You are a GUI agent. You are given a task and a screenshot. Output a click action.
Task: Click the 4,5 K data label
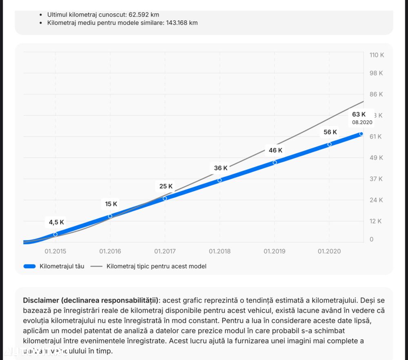point(56,222)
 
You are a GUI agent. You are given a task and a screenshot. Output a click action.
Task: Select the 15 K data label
point(111,204)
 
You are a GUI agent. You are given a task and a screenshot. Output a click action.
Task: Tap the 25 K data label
point(166,186)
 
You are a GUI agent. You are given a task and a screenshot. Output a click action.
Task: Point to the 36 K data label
point(221,168)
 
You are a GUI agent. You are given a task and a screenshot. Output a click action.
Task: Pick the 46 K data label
point(275,150)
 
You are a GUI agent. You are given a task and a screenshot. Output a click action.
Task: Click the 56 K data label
point(330,132)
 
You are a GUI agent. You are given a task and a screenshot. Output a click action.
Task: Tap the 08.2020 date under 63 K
point(362,122)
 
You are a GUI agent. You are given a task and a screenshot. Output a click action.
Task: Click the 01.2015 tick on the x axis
point(55,251)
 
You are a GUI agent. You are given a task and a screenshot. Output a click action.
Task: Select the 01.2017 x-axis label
point(165,251)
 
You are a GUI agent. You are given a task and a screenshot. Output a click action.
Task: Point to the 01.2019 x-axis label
point(275,251)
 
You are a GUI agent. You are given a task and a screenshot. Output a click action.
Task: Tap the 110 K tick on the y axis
point(376,55)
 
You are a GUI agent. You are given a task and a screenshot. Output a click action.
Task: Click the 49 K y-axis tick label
point(376,158)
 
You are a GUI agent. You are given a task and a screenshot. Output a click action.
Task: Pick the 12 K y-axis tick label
point(376,221)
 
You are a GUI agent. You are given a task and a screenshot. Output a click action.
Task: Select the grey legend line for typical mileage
point(97,266)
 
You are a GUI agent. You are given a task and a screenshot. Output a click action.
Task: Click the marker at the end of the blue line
point(361,134)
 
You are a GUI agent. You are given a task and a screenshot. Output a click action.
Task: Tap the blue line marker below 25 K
point(165,199)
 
